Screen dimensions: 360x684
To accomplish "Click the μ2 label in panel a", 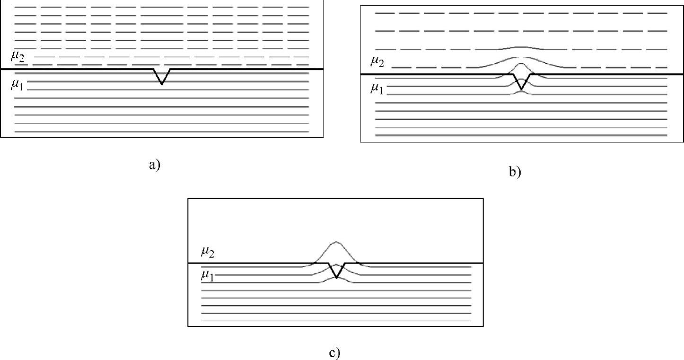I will point(18,57).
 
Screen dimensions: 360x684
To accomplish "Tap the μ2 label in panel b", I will point(377,61).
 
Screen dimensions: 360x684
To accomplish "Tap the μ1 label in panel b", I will point(377,88).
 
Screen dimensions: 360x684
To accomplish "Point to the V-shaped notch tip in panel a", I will point(162,84).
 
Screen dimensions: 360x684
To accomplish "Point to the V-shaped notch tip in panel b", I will point(521,89).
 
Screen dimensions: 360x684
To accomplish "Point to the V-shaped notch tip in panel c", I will point(336,278).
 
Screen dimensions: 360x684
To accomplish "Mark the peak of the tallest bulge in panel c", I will point(336,242).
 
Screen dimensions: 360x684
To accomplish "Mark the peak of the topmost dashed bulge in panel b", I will point(521,47).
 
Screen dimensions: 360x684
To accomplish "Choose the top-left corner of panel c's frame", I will point(188,198).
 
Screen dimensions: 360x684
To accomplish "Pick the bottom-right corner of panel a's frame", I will point(324,137).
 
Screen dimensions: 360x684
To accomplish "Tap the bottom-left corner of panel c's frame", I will point(188,326).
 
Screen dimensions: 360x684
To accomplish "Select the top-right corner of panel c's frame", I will point(483,198).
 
